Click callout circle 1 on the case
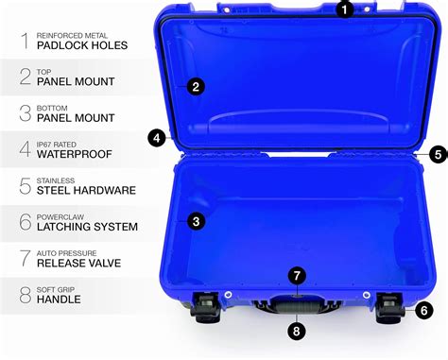pos(345,9)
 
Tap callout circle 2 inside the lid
pos(196,87)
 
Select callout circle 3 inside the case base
pos(195,221)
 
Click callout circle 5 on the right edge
pos(437,152)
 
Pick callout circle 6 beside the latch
pos(424,309)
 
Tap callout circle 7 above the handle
pos(298,276)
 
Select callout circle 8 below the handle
pos(298,331)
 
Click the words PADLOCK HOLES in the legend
pos(82,45)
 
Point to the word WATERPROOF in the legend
pos(76,154)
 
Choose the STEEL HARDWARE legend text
pos(86,190)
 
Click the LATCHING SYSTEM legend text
pos(88,227)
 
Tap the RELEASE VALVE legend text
pos(79,263)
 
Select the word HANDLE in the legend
pos(59,300)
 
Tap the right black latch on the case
pos(389,308)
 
